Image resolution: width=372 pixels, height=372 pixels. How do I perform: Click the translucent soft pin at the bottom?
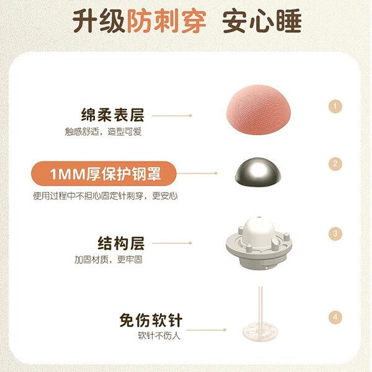click(260, 310)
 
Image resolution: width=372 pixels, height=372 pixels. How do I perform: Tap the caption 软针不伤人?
click(160, 337)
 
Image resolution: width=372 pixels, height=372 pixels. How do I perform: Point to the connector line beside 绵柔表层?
click(172, 115)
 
